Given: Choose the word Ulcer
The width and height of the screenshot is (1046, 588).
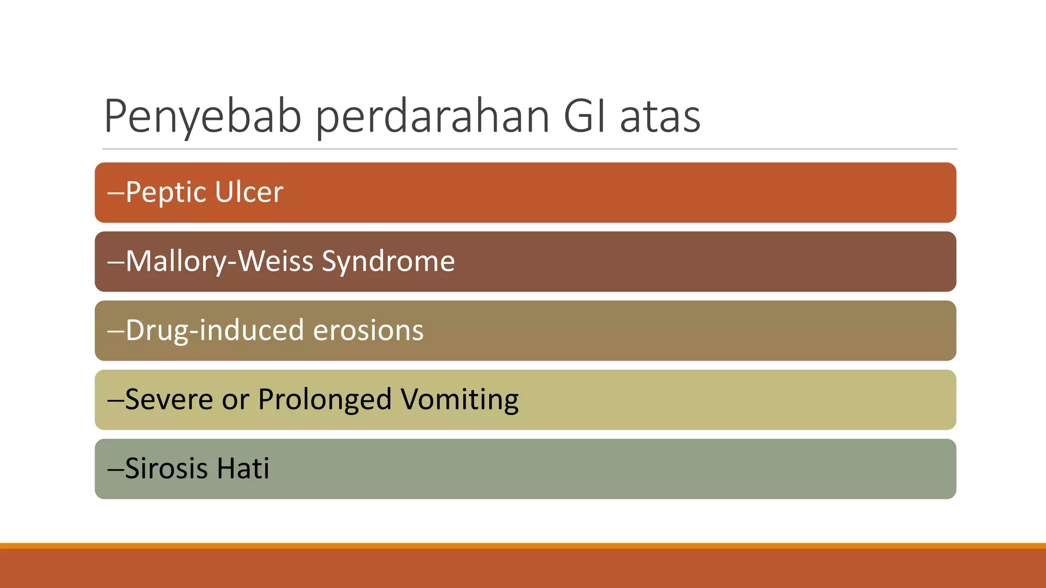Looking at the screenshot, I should (249, 192).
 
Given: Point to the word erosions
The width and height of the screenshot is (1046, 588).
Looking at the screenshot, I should (368, 331).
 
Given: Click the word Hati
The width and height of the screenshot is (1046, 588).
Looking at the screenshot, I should (243, 469).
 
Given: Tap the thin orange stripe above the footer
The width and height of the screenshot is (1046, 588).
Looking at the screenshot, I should (523, 546).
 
